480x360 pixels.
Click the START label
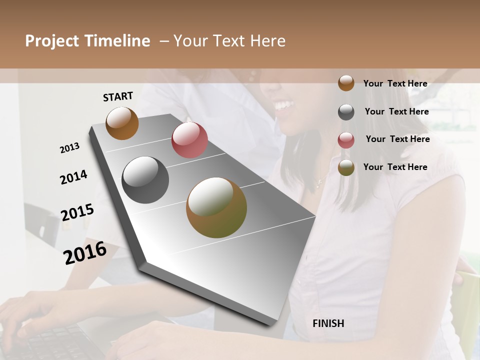[118, 96]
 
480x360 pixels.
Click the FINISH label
[328, 323]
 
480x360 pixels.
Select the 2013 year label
[69, 148]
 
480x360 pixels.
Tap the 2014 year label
[73, 177]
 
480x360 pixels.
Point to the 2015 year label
[77, 212]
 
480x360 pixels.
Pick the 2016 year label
[85, 252]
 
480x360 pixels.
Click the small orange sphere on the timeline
[122, 123]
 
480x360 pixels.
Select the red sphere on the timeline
[189, 140]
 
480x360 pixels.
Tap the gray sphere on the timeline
[145, 180]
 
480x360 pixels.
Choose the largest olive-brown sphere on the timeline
[216, 207]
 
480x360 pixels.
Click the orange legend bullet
[346, 83]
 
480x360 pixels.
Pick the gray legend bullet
[346, 112]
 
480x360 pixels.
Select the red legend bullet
[346, 140]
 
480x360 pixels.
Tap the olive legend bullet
[346, 168]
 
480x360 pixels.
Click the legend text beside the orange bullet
[395, 83]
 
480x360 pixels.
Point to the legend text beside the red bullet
[397, 139]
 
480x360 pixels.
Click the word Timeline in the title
[118, 41]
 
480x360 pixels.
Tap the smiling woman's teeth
[283, 105]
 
